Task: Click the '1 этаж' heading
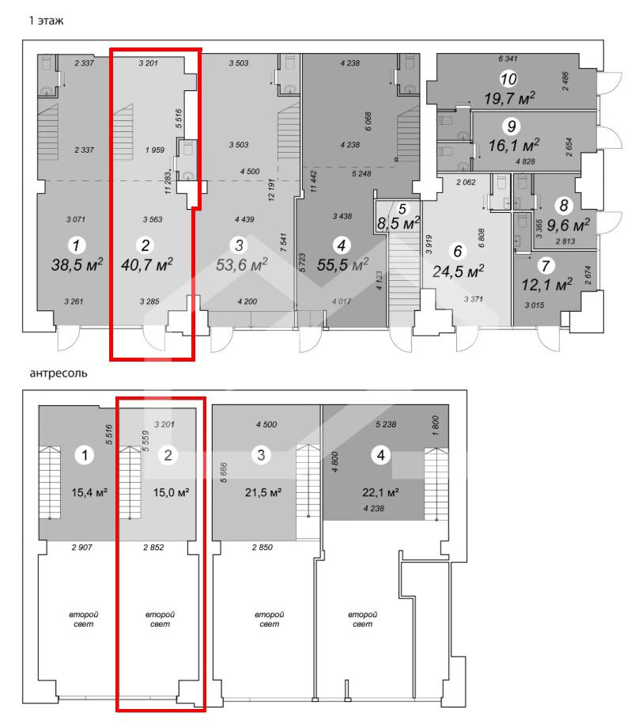coord(46,21)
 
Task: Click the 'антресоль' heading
coord(59,373)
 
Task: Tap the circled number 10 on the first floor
coord(508,79)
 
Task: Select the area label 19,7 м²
coord(510,98)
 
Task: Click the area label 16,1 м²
coord(513,146)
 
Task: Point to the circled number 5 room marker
coord(402,209)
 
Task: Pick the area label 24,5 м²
coord(458,271)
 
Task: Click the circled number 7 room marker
coord(546,266)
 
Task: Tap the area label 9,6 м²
coord(568,226)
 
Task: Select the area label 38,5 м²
coord(77,264)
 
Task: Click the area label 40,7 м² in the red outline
coord(146,264)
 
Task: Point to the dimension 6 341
coord(508,59)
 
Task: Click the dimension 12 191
coord(271,190)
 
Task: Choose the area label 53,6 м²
coord(242,264)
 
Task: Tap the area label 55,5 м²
coord(343,264)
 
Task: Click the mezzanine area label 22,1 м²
coord(380,492)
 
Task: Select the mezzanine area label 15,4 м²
coord(89,492)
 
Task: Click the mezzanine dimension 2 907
coord(82,548)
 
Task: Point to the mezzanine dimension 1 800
coord(435,425)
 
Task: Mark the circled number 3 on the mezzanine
coord(261,455)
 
